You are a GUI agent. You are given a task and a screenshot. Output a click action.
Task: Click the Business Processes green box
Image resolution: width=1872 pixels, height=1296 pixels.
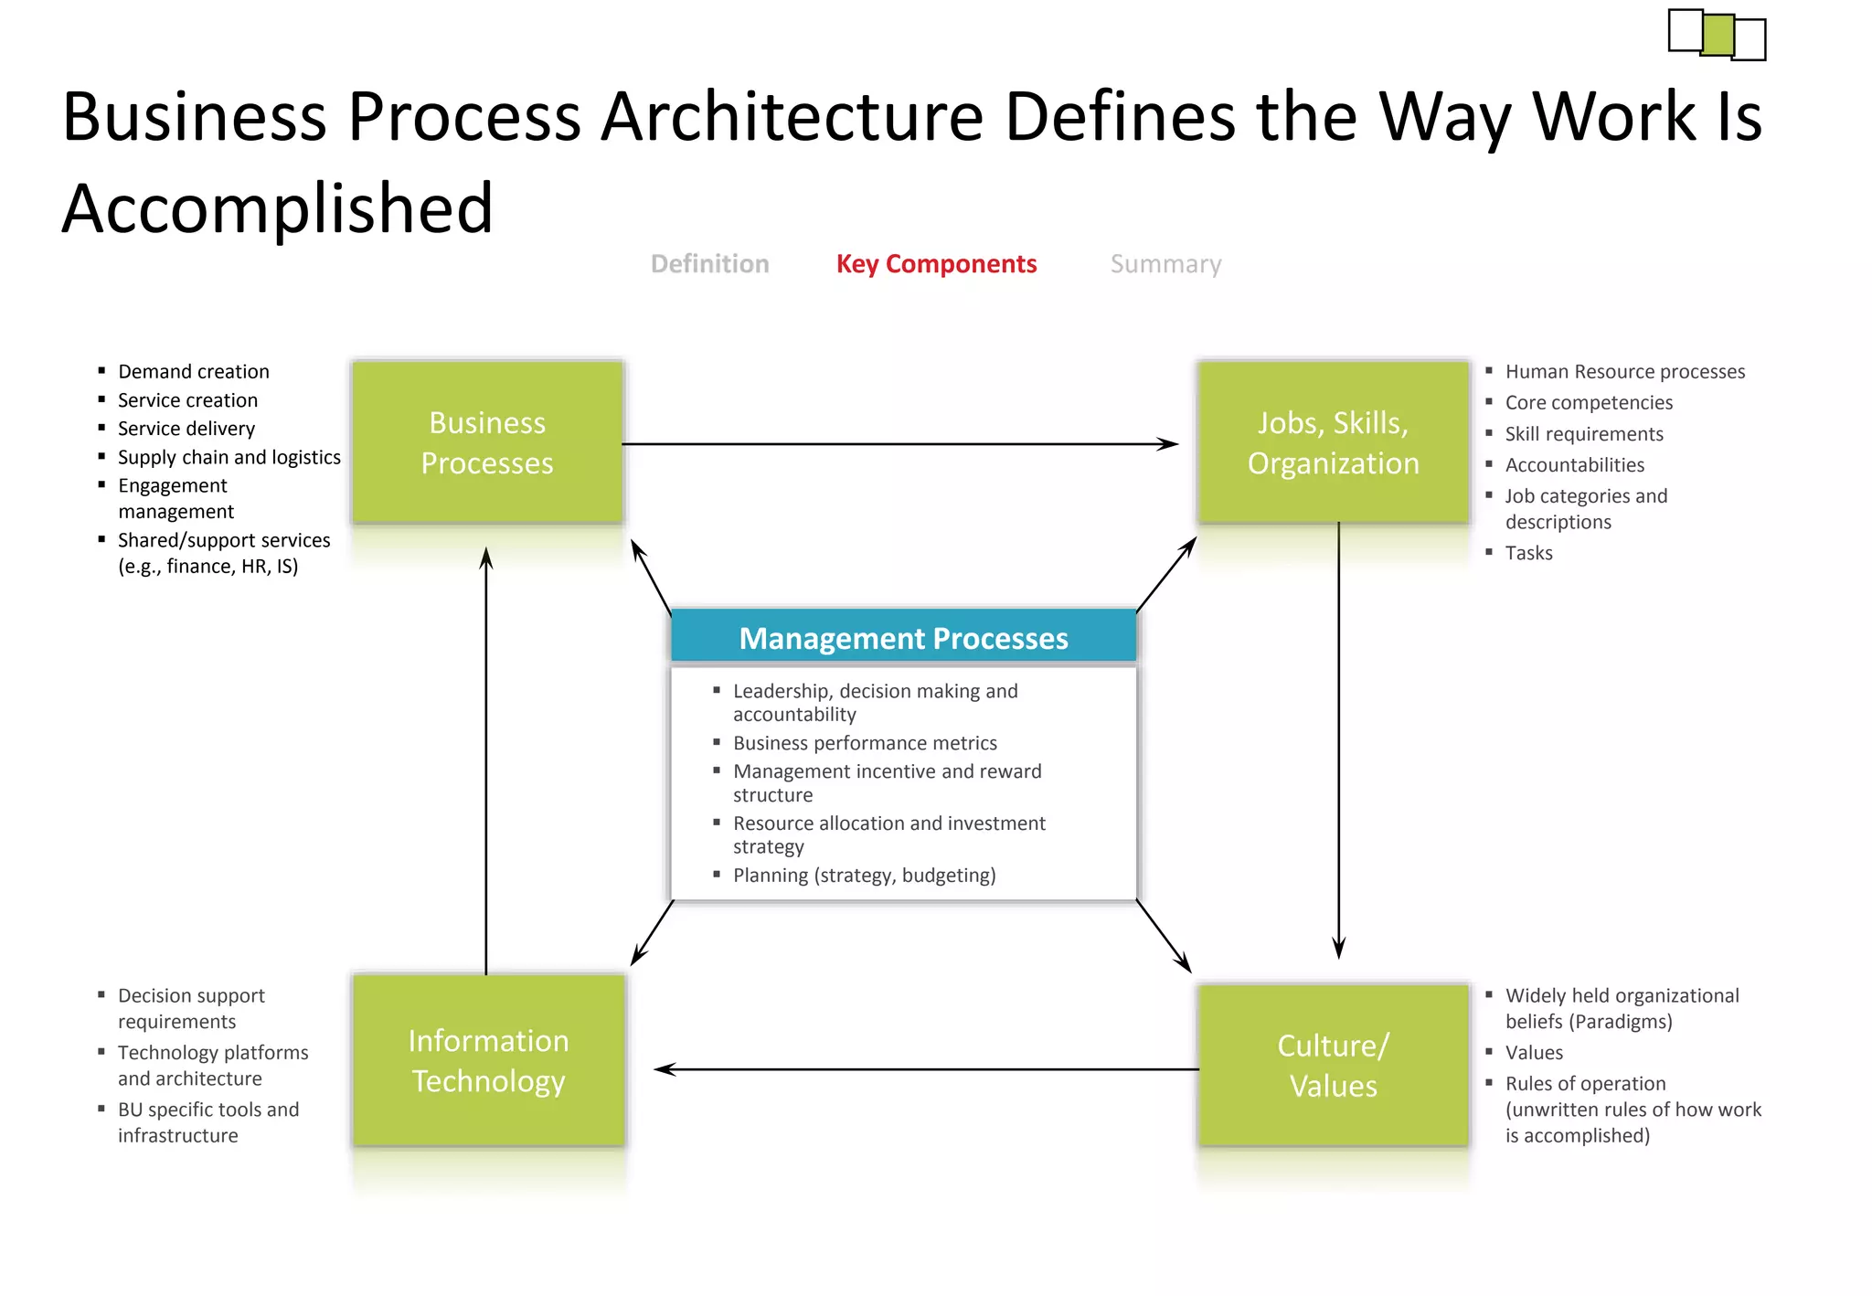[487, 442]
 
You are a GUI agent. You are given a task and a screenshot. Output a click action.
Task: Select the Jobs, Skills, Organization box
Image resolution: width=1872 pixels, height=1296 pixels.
[1333, 442]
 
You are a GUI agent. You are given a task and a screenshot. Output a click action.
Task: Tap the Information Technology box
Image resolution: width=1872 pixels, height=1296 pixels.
[488, 1060]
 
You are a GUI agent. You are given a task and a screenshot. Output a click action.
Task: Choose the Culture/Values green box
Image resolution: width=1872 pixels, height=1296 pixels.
[1333, 1065]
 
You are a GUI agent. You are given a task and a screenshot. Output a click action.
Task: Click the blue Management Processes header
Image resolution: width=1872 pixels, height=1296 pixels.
[903, 637]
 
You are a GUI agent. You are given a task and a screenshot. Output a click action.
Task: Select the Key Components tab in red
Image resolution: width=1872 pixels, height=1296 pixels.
[936, 264]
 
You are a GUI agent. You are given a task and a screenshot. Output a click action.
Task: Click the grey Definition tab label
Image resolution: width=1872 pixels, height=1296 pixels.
[709, 264]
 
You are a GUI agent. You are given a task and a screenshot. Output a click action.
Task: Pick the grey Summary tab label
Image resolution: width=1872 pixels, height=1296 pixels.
[1165, 264]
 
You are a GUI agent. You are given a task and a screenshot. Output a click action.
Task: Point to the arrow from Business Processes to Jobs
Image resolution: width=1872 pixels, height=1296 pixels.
[900, 444]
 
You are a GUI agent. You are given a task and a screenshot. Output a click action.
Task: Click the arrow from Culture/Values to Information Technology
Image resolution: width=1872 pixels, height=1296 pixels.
[923, 1069]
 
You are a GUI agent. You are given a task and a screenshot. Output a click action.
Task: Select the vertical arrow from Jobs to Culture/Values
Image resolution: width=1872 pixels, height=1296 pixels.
[1338, 740]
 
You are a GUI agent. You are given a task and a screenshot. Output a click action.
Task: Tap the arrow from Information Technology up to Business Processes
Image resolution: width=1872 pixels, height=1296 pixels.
[486, 759]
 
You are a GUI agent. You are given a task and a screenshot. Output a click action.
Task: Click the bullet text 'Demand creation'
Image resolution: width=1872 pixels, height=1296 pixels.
[194, 372]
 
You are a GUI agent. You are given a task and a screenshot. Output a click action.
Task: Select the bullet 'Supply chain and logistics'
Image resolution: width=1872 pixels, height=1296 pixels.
[229, 457]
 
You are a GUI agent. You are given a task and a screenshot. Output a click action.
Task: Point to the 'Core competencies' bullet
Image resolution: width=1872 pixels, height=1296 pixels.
[1589, 403]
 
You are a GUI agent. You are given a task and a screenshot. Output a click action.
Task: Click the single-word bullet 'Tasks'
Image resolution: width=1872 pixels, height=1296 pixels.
[1528, 553]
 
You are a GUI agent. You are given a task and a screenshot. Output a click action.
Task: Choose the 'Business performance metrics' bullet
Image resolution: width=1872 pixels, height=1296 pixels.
[865, 743]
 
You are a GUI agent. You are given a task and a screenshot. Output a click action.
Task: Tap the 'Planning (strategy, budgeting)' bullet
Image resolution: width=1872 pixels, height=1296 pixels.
[864, 876]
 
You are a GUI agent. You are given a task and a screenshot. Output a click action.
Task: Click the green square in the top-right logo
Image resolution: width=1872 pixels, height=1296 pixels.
[1718, 35]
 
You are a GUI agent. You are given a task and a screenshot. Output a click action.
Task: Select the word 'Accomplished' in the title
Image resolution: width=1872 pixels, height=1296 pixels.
[277, 208]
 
